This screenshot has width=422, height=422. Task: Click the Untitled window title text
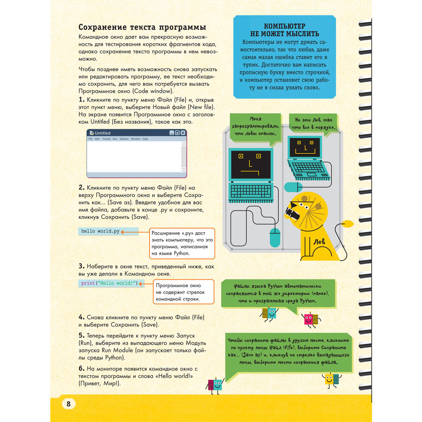pyautogui.click(x=103, y=133)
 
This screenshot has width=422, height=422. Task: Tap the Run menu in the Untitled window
pyautogui.click(x=115, y=139)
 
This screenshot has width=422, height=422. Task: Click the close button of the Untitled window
pyautogui.click(x=183, y=133)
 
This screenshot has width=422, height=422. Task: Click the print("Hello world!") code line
pyautogui.click(x=109, y=283)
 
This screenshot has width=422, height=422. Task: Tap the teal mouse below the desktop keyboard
pyautogui.click(x=275, y=238)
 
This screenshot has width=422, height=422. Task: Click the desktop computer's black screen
pyautogui.click(x=251, y=165)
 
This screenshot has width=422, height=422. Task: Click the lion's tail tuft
pyautogui.click(x=349, y=224)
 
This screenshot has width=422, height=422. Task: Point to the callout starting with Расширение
pyautogui.click(x=181, y=243)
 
